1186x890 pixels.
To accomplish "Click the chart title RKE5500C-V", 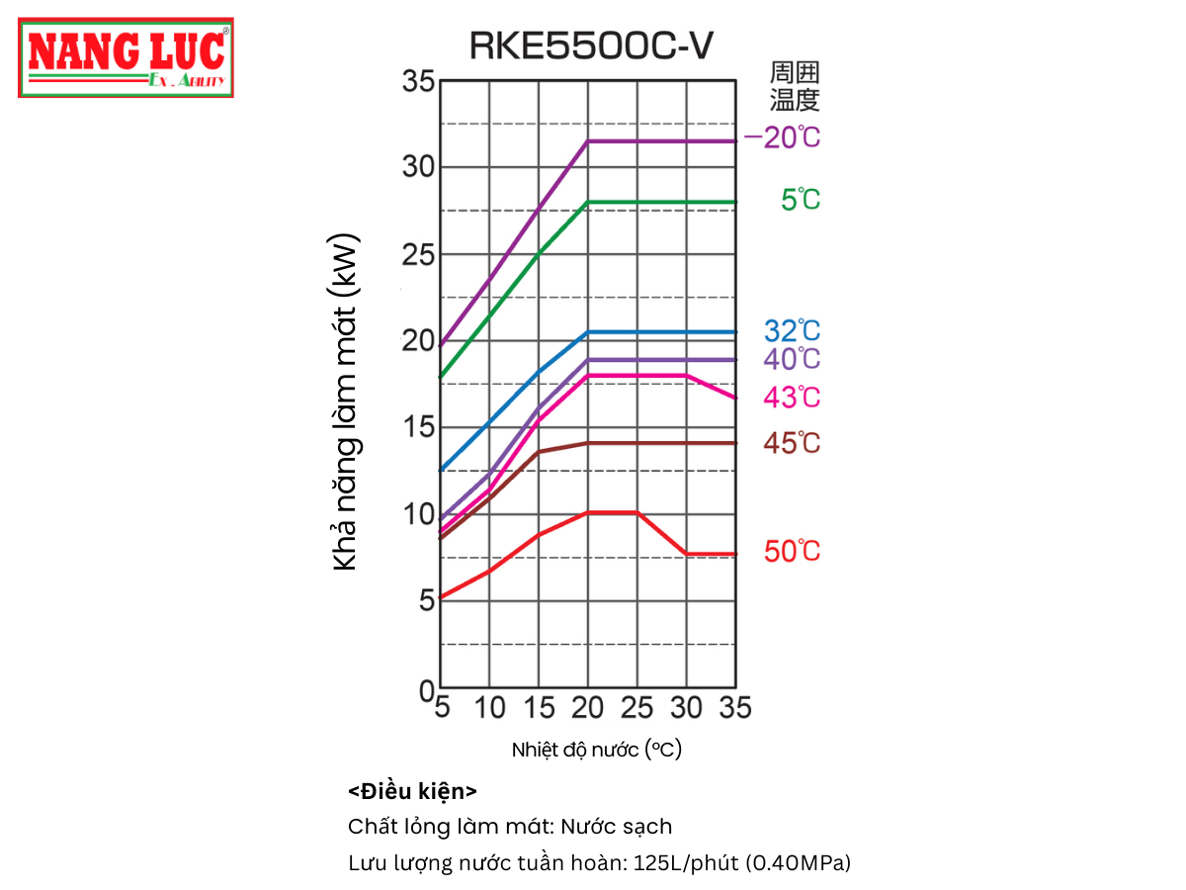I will coord(590,45).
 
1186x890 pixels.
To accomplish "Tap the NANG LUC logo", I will coord(126,57).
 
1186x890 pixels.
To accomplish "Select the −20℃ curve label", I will coord(782,138).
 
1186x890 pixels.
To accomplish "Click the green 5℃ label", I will coord(801,201).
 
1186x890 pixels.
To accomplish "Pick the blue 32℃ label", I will coord(792,331).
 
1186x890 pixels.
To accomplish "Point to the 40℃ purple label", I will coord(792,360).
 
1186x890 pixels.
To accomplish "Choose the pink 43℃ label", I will coord(792,398).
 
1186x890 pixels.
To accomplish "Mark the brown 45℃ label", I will coord(792,444).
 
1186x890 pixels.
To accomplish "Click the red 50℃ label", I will coord(792,552).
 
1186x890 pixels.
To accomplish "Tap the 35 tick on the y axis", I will coord(418,81).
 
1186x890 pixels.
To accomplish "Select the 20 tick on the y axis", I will coord(418,341).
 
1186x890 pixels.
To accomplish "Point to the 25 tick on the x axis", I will coord(636,708).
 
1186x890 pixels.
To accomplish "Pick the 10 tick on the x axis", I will coord(489,708).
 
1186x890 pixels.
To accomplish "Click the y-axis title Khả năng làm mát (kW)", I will coord(345,402).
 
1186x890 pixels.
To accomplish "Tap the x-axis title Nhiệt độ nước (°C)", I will coord(597,750).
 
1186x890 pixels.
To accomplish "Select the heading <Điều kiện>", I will coord(413,792).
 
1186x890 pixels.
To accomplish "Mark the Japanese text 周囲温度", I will coord(796,86).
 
